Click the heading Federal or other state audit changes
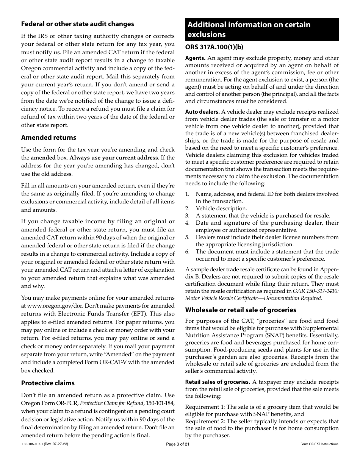[77, 24]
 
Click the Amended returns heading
[49, 138]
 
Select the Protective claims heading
[48, 383]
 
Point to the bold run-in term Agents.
[195, 58]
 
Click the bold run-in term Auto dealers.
[202, 112]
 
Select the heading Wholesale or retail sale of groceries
[241, 310]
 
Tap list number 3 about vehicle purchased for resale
[187, 216]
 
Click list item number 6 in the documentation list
[187, 252]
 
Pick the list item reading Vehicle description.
[221, 208]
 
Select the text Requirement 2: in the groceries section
[205, 421]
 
